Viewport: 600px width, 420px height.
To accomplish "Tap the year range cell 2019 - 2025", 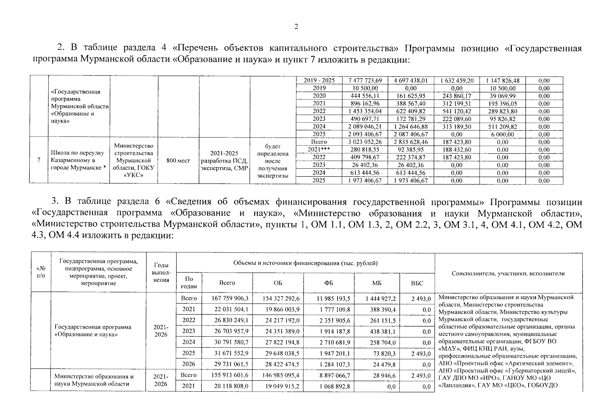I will [x=319, y=80].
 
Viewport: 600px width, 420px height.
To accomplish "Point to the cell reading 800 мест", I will [x=178, y=161].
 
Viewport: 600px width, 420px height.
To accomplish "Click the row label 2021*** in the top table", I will [x=319, y=149].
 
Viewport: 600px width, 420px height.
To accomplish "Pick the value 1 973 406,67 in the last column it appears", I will [x=410, y=181].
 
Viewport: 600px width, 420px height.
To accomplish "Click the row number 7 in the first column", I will [x=39, y=160].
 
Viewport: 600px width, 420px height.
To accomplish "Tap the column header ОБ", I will [x=278, y=283].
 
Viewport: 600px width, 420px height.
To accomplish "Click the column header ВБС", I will [x=417, y=283].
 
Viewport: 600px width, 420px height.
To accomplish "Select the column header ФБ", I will [x=329, y=283].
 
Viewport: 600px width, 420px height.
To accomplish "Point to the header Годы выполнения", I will [x=161, y=272].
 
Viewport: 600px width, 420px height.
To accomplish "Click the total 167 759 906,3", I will [x=230, y=299].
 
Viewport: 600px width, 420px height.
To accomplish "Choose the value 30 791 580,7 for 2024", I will [x=230, y=342].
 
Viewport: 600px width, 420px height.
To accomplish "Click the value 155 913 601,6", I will [x=230, y=375].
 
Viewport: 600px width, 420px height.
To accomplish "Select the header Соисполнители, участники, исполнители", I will [x=508, y=273].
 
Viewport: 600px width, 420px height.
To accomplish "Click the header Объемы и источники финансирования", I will [x=305, y=263].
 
